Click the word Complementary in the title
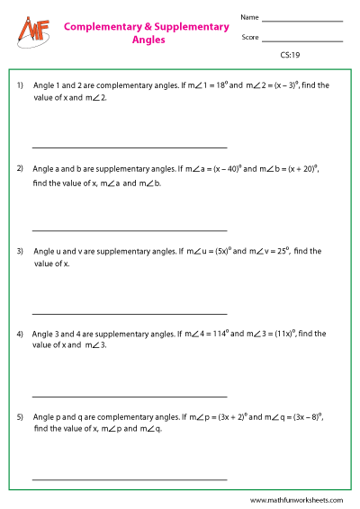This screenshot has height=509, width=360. (101, 27)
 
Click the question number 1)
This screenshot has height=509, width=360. (20, 85)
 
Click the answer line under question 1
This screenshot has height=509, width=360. (129, 147)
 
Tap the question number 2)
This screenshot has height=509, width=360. (20, 168)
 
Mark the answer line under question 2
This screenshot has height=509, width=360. (129, 230)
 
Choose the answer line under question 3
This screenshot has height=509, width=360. (129, 313)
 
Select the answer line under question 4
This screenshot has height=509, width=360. (129, 396)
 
